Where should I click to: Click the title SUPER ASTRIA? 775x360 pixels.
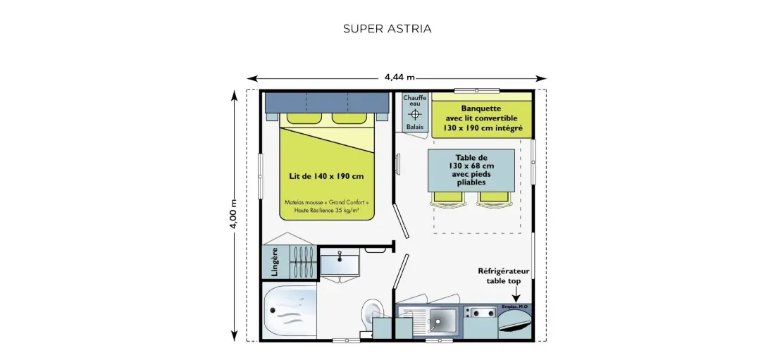click(387, 29)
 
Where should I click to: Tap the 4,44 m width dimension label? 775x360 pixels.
click(399, 77)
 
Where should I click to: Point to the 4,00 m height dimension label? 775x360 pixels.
click(233, 213)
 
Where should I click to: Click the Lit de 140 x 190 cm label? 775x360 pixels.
click(326, 176)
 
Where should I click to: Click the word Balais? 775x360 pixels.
click(415, 127)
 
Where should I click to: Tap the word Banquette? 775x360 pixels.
click(481, 108)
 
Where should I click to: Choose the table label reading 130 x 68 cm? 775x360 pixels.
click(471, 166)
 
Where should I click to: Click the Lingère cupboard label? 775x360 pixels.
click(275, 261)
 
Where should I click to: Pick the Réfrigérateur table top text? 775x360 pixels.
click(503, 276)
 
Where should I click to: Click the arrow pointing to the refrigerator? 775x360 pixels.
click(516, 294)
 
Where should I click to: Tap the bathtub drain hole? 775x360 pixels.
click(272, 310)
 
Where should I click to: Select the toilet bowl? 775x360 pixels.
click(368, 314)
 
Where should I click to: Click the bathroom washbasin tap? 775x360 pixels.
click(340, 256)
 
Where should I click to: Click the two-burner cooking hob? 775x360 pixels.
click(480, 313)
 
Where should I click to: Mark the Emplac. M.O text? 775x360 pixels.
click(514, 307)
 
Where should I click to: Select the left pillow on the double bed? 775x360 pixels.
click(304, 118)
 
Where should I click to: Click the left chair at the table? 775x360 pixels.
click(448, 198)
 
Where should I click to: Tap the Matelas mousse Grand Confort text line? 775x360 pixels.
click(326, 202)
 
